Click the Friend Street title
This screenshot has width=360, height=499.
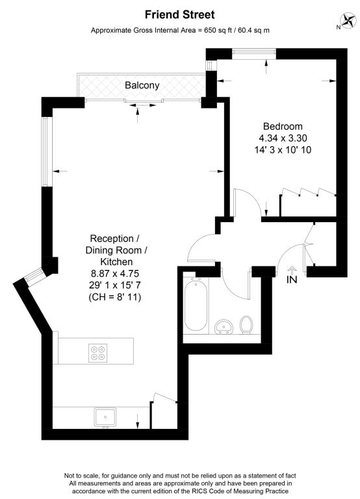pyautogui.click(x=180, y=15)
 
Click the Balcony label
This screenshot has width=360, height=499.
pyautogui.click(x=142, y=85)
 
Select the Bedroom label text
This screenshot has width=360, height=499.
pyautogui.click(x=283, y=126)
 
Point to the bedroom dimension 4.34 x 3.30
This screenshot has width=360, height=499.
pyautogui.click(x=283, y=138)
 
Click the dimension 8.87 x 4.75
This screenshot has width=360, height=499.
pyautogui.click(x=115, y=274)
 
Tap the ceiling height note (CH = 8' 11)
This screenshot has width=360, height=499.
pyautogui.click(x=114, y=297)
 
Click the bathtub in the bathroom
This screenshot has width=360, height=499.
pyautogui.click(x=196, y=305)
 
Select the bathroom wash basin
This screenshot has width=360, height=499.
pyautogui.click(x=224, y=327)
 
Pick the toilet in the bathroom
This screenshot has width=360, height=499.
pyautogui.click(x=246, y=325)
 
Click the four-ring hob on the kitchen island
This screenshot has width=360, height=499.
pyautogui.click(x=97, y=353)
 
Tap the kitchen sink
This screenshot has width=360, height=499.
pyautogui.click(x=105, y=418)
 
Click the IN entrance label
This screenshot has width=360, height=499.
pyautogui.click(x=292, y=279)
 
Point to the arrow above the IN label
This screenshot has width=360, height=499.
pyautogui.click(x=292, y=269)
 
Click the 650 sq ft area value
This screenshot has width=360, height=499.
pyautogui.click(x=217, y=31)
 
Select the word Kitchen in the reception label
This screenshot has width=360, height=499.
pyautogui.click(x=116, y=262)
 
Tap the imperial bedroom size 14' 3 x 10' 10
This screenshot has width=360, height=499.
pyautogui.click(x=283, y=150)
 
